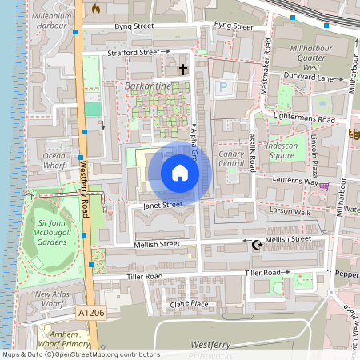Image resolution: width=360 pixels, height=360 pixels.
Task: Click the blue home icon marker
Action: tap(179, 172)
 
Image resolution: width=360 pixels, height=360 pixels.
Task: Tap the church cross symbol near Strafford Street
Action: tap(182, 70)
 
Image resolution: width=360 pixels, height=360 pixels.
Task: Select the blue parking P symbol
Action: tap(223, 86)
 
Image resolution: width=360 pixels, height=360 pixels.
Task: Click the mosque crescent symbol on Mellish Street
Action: tap(256, 244)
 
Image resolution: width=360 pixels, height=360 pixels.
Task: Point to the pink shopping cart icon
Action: tap(324, 186)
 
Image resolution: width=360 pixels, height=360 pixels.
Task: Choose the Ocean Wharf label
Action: tap(54, 160)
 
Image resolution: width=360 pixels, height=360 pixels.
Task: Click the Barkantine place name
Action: tap(147, 84)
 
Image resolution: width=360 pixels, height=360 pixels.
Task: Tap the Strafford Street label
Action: tap(134, 53)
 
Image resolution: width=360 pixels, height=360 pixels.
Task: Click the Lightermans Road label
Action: tap(303, 118)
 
